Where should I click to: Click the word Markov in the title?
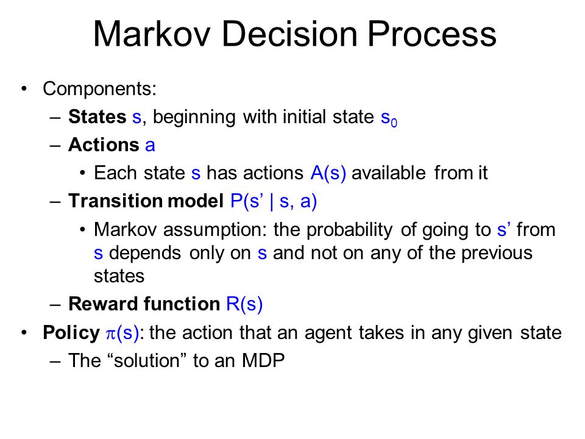click(x=152, y=34)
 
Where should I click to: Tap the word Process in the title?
click(x=431, y=34)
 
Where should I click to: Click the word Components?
click(x=99, y=89)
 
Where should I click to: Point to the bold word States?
click(x=97, y=117)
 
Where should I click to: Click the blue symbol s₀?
click(x=389, y=119)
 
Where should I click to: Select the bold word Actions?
click(x=104, y=145)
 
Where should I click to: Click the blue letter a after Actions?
click(x=150, y=146)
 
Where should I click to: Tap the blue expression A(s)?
click(x=328, y=174)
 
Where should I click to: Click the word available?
click(x=388, y=173)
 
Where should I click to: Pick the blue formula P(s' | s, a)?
click(x=274, y=202)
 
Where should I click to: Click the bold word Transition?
click(x=116, y=201)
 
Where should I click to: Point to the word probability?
click(x=349, y=230)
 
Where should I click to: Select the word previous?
click(x=497, y=254)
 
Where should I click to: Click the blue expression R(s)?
click(x=244, y=304)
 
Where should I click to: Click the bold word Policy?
click(x=71, y=333)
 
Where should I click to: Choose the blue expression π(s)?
click(x=122, y=333)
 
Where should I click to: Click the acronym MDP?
click(x=263, y=360)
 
